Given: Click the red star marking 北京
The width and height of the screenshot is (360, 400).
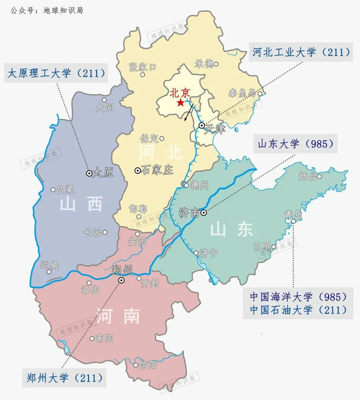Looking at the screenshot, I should click(x=180, y=103).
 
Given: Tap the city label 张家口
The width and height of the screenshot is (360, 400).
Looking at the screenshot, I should click(x=143, y=67).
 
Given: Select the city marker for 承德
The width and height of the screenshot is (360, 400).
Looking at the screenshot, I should click(x=216, y=64).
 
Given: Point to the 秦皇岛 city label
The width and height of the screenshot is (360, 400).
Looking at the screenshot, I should click(x=242, y=93).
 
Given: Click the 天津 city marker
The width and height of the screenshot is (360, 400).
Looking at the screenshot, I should click(x=202, y=125).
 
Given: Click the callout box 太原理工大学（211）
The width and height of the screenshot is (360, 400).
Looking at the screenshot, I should click(x=56, y=74).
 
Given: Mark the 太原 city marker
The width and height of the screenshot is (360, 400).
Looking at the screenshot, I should click(x=89, y=174).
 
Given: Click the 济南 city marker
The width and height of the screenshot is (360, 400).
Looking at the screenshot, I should click(x=204, y=212).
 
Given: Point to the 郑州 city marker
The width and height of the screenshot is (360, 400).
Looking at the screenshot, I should click(x=122, y=281).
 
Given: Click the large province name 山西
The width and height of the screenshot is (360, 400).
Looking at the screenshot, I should click(x=81, y=204).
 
